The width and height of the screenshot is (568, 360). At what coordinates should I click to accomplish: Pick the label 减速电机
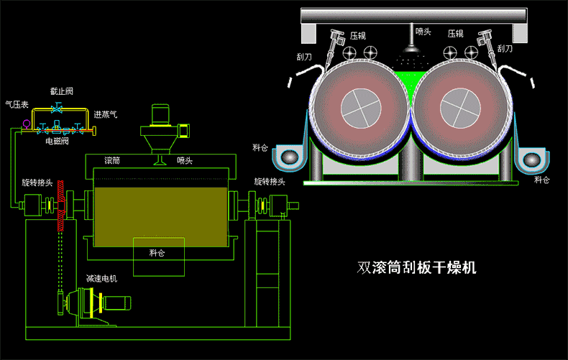pyautogui.click(x=101, y=278)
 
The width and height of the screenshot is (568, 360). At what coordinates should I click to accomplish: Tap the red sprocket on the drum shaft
pyautogui.click(x=61, y=204)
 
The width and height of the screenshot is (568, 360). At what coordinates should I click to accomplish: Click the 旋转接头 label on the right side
pyautogui.click(x=270, y=182)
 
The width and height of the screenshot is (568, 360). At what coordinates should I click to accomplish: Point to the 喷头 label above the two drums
pyautogui.click(x=423, y=31)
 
